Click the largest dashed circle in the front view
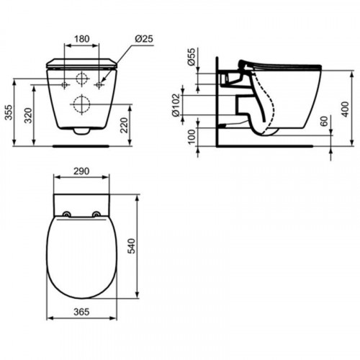[x=81, y=104]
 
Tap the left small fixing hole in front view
[x=65, y=85]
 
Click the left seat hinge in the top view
[x=66, y=214]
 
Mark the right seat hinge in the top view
[x=96, y=214]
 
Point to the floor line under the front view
[x=81, y=144]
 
